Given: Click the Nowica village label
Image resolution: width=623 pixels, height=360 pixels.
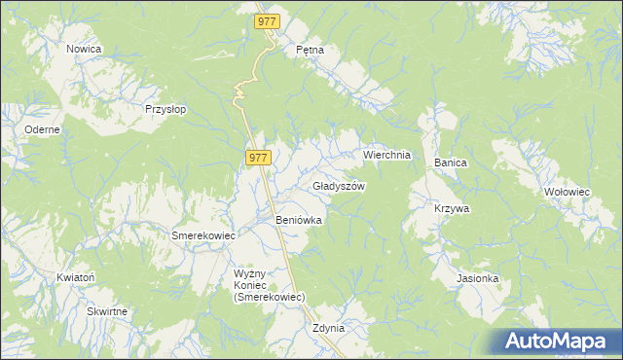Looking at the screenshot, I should point(85,48).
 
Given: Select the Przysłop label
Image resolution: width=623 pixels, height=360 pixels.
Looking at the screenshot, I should point(165,110).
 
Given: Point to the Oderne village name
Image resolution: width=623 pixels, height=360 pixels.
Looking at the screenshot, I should point(43,129).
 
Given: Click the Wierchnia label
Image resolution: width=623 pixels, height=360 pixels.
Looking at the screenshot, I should point(387,155).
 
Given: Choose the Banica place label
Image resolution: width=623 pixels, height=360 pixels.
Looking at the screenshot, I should point(452,163).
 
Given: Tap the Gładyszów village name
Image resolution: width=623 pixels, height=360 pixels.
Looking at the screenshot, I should point(339,186).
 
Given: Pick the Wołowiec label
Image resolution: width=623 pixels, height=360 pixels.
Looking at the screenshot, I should point(568,192).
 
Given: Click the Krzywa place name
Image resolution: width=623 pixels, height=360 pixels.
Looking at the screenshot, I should point(453,208).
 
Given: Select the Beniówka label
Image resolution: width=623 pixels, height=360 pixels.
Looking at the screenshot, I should point(299,221).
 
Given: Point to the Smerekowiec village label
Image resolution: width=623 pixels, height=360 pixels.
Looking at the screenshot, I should point(204,235).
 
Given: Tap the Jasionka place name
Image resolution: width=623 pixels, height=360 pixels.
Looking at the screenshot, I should point(478,278).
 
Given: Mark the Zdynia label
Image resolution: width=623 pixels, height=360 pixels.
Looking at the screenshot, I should point(329,328).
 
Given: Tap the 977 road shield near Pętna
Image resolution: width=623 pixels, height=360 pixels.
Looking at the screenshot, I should point(267,20).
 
